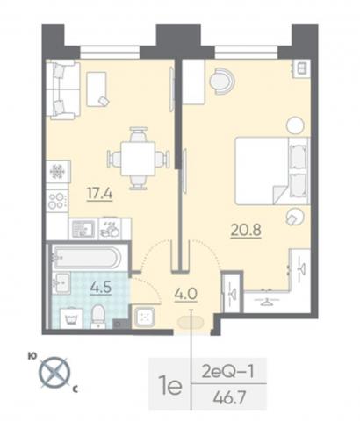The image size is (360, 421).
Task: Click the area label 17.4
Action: pos(99,193)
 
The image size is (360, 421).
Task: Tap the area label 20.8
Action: pos(246,230)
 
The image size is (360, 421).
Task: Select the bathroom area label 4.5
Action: pos(101,288)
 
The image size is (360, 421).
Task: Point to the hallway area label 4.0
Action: pos(186,294)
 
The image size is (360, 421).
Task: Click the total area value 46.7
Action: pos(229,397)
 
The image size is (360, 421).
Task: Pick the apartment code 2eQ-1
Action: pos(227,372)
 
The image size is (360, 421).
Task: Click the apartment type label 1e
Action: pos(170,385)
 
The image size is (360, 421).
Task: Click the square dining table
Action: pos(138,158)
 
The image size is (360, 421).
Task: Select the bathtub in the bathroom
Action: pos(86,257)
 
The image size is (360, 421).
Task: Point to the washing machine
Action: pos(71,318)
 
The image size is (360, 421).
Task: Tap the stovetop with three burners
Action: pos(57,200)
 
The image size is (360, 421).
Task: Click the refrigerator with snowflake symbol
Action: pos(58,171)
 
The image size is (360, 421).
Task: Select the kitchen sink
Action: pos(83,229)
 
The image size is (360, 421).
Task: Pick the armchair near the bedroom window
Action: pos(222,82)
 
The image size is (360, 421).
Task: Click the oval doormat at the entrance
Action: pos(191,323)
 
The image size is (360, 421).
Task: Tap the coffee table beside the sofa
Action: pos(97,89)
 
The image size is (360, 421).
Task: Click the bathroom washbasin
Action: pos(62,282)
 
